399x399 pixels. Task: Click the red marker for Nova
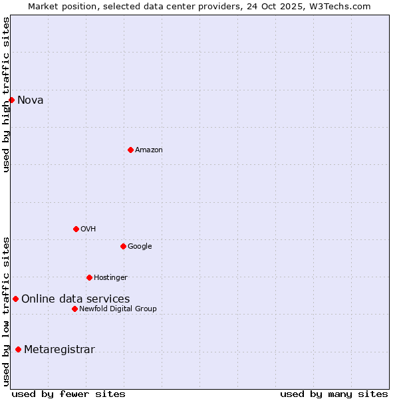tap(11, 100)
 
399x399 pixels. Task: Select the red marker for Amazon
tap(130, 150)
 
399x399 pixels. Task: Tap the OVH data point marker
tap(76, 229)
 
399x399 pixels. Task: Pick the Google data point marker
tap(123, 246)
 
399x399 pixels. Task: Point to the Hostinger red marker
tap(89, 277)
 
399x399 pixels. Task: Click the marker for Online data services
tap(15, 299)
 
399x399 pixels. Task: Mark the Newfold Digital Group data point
tap(74, 309)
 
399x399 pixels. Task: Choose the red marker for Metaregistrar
tap(18, 349)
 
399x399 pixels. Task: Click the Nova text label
tap(31, 100)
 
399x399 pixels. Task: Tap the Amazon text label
tap(149, 150)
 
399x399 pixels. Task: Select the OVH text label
tap(88, 229)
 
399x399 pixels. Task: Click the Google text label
tap(140, 247)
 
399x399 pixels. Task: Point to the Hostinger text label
tap(110, 278)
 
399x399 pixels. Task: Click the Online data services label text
tap(76, 299)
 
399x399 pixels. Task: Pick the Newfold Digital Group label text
tap(118, 309)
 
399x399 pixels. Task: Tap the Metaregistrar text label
tap(59, 350)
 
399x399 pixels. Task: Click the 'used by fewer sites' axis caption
tap(68, 394)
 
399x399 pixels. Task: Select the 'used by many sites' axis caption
tap(334, 394)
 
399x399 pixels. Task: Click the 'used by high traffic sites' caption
tap(6, 94)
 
